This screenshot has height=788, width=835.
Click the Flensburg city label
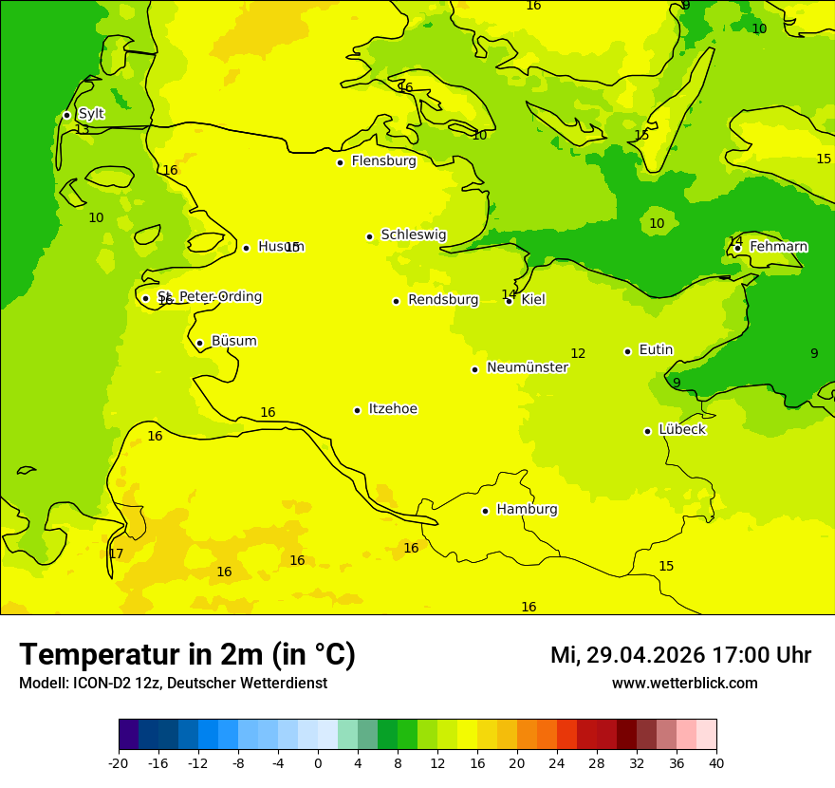(x=383, y=161)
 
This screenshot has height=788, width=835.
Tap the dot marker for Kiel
(x=509, y=301)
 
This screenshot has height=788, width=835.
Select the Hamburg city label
(x=527, y=510)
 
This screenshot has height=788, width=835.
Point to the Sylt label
(x=91, y=114)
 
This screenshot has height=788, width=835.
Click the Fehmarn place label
(x=778, y=247)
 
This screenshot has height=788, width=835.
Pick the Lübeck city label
(x=681, y=430)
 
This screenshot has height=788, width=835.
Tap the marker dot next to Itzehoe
(x=357, y=410)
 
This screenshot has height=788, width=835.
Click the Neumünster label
(x=527, y=368)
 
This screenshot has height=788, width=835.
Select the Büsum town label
(x=233, y=342)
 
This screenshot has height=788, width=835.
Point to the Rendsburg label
(x=443, y=300)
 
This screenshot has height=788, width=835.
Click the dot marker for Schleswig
(x=369, y=236)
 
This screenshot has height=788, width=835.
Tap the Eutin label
(x=656, y=350)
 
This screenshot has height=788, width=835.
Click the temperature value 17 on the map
(x=116, y=554)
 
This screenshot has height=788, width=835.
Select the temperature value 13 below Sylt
(x=82, y=130)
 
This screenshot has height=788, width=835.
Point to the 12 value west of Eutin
(x=578, y=354)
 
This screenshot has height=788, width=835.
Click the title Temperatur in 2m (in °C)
(x=187, y=655)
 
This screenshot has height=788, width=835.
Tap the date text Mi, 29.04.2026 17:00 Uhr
(x=680, y=655)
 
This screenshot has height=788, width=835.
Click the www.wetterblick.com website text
(x=684, y=684)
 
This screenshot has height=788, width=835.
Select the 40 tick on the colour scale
(x=716, y=762)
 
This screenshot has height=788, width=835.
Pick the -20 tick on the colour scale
(x=119, y=762)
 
